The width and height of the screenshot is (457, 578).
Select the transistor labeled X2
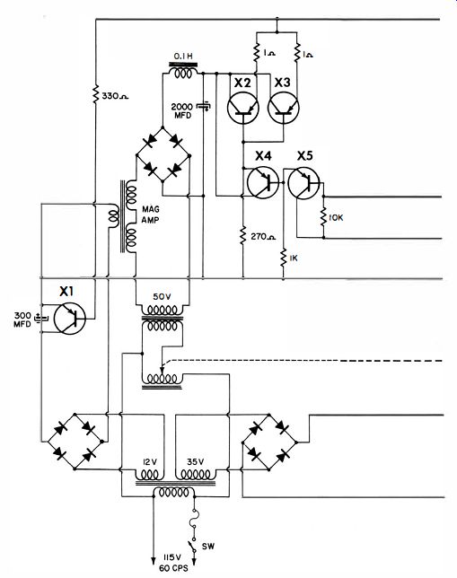click(243, 108)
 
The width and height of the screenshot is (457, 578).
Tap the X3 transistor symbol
click(284, 108)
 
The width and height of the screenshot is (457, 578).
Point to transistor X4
click(263, 182)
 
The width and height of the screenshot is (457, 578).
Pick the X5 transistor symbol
click(303, 183)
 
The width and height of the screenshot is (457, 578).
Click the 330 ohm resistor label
click(115, 97)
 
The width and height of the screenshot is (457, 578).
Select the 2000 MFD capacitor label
click(182, 111)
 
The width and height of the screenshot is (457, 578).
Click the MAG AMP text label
click(151, 215)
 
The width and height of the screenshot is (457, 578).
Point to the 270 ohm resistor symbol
click(243, 235)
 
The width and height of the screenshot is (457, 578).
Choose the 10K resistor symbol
click(323, 217)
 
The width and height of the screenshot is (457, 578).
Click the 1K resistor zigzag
click(284, 258)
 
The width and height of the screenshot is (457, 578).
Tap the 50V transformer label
click(163, 297)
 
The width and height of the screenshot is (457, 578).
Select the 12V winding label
click(149, 461)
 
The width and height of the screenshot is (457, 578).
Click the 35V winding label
click(195, 461)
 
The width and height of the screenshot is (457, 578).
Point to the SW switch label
click(208, 547)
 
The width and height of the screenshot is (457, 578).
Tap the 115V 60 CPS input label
click(173, 562)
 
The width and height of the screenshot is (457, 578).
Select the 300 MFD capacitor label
click(22, 320)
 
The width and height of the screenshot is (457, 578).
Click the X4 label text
click(263, 156)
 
